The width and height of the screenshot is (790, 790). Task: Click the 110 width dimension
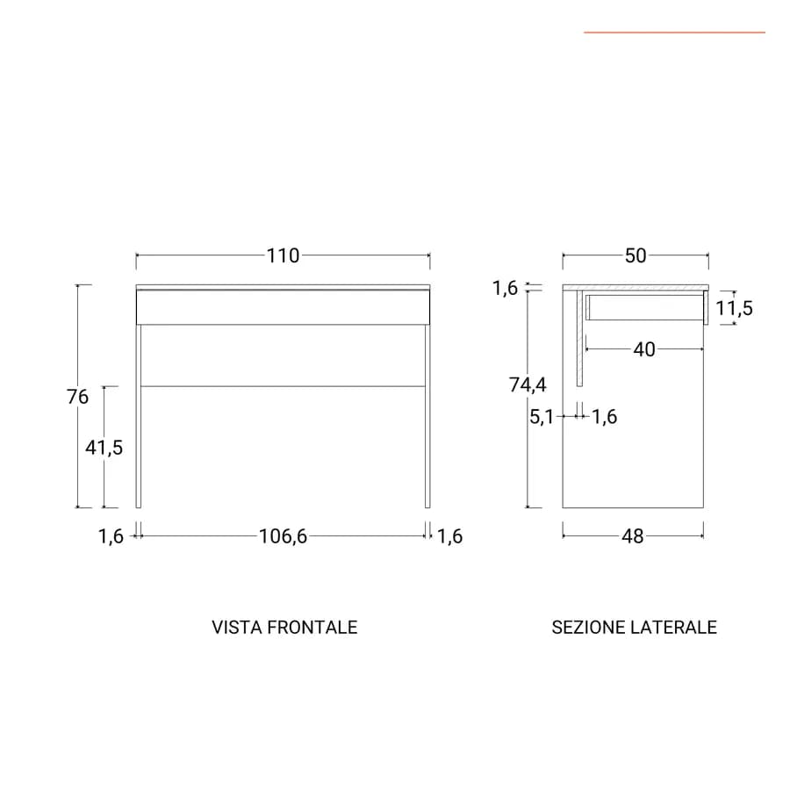(284, 256)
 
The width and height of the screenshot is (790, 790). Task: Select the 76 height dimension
(77, 397)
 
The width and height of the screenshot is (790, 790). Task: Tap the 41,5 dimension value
(104, 448)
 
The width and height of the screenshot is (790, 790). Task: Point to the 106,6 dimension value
(283, 536)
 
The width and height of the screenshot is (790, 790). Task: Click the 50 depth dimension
(636, 256)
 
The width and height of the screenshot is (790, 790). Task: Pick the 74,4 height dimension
(528, 385)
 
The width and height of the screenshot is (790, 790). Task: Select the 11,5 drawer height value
(734, 308)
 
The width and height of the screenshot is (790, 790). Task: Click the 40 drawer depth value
(644, 349)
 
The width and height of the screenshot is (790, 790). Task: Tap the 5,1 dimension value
(542, 417)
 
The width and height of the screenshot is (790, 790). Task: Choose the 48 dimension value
(633, 536)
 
